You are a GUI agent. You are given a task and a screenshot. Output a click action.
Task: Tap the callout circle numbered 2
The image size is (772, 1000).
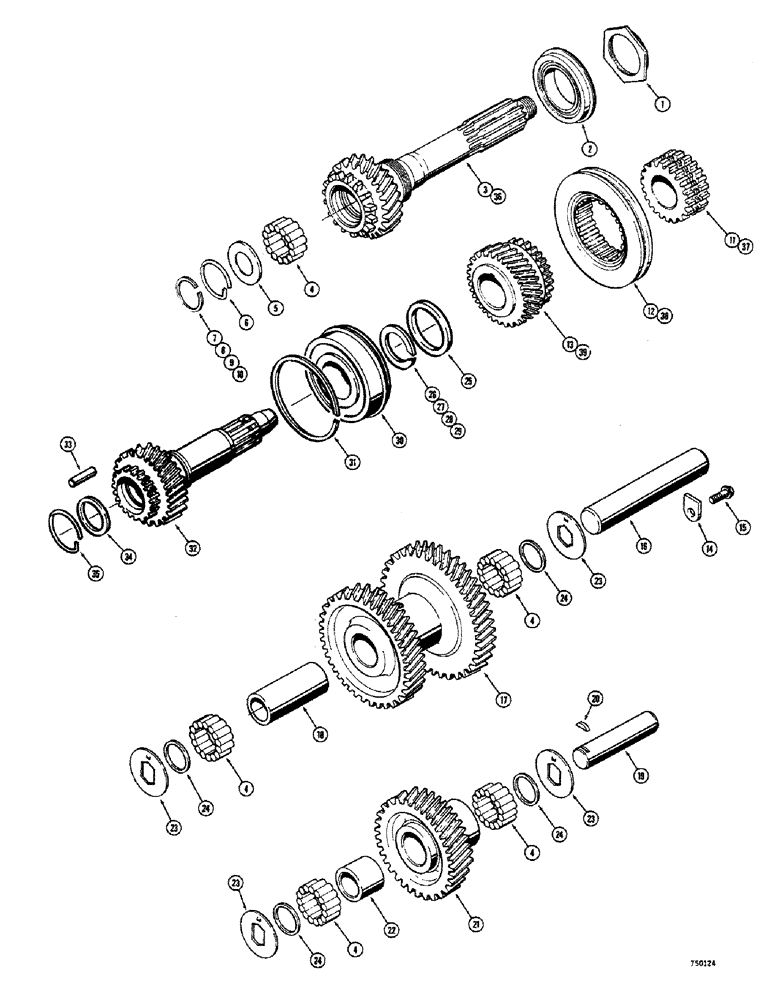tap(591, 147)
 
